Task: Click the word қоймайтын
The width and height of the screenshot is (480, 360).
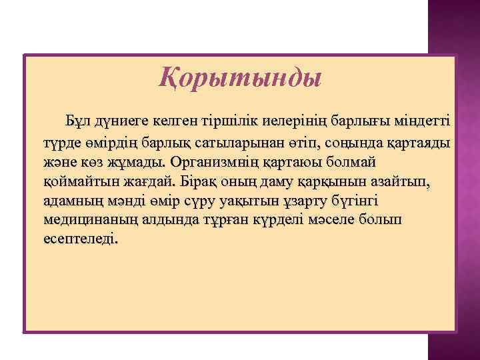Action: (71, 181)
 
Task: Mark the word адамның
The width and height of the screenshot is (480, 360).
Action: (68, 201)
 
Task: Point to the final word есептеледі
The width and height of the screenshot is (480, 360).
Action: (82, 239)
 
